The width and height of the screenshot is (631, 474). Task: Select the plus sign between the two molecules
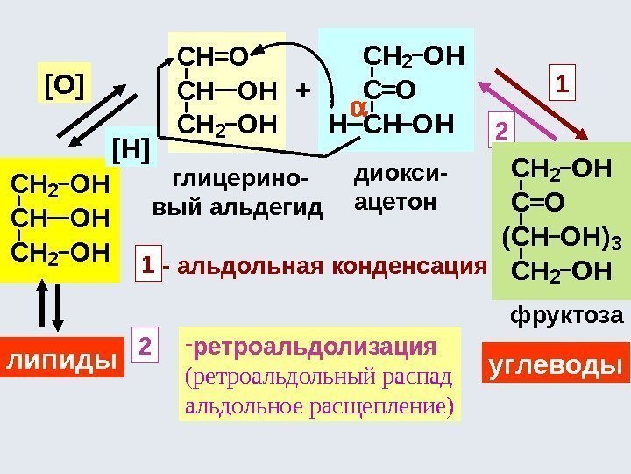(x=302, y=90)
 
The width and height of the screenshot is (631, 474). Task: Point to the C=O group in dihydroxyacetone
(x=390, y=90)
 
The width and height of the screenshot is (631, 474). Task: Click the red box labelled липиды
(x=61, y=360)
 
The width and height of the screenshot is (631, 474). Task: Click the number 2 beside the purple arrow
(x=501, y=132)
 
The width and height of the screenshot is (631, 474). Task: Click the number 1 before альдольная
(x=150, y=265)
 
